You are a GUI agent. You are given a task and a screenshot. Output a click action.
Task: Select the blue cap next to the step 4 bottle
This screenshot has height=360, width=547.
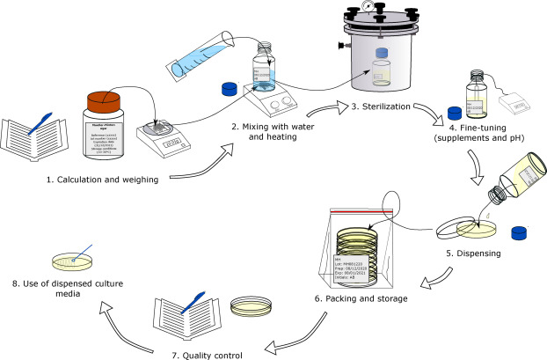pyautogui.click(x=456, y=112)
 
